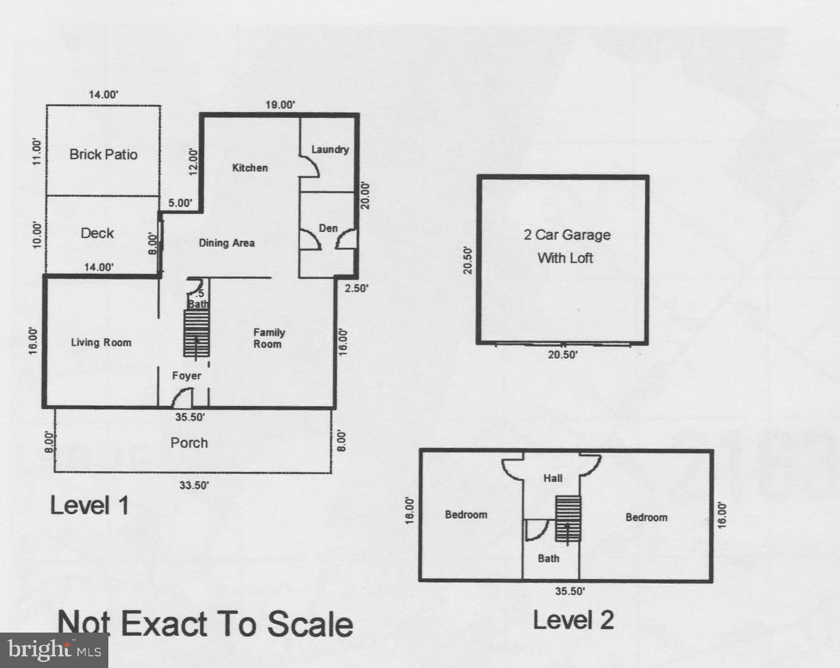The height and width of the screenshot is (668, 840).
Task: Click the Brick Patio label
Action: pyautogui.click(x=103, y=154)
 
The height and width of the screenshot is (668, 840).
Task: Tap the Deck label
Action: pyautogui.click(x=97, y=233)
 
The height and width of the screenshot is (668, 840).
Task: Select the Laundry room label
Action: pyautogui.click(x=330, y=149)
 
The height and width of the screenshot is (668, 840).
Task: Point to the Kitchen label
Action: pyautogui.click(x=250, y=168)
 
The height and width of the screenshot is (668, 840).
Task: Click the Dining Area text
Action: pyautogui.click(x=226, y=243)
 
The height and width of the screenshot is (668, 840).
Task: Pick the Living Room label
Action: pyautogui.click(x=101, y=343)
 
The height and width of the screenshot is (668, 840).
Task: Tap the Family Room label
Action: pyautogui.click(x=268, y=338)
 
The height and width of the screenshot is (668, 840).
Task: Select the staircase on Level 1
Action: pyautogui.click(x=196, y=332)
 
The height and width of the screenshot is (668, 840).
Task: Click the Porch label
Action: pyautogui.click(x=189, y=443)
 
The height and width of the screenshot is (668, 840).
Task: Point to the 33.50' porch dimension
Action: pyautogui.click(x=194, y=485)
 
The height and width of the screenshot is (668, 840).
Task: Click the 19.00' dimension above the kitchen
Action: pyautogui.click(x=280, y=105)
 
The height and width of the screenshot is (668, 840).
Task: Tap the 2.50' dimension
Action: pyautogui.click(x=356, y=288)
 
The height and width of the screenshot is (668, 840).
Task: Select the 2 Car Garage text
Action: pyautogui.click(x=567, y=235)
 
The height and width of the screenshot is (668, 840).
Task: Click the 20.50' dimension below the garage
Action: pyautogui.click(x=563, y=355)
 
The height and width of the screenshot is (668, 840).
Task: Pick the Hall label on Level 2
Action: pyautogui.click(x=552, y=478)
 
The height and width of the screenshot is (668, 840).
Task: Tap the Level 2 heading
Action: pyautogui.click(x=573, y=620)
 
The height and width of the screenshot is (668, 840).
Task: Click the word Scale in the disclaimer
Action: pyautogui.click(x=310, y=624)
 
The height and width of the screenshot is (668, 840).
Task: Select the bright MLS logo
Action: pyautogui.click(x=54, y=650)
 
